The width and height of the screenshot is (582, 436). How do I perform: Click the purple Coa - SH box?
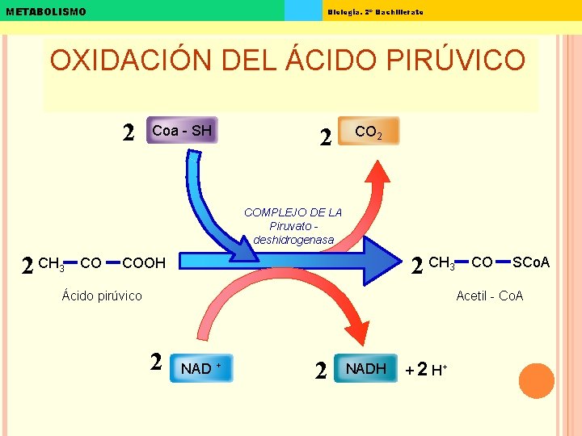coord(181,131)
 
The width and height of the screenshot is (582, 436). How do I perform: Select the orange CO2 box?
coord(369,132)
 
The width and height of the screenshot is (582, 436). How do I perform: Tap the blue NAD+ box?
coord(201,368)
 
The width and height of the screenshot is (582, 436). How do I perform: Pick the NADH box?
coord(365,368)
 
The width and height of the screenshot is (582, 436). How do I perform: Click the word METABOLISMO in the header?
coord(45,11)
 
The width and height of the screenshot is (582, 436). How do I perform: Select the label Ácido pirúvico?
coord(102,296)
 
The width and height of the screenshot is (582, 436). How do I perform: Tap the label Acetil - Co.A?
coord(490,296)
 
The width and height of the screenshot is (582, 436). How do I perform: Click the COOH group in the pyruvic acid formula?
coord(144,263)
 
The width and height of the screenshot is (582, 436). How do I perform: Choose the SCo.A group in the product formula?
coord(531,262)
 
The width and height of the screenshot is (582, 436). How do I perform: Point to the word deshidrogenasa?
coord(293,240)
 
